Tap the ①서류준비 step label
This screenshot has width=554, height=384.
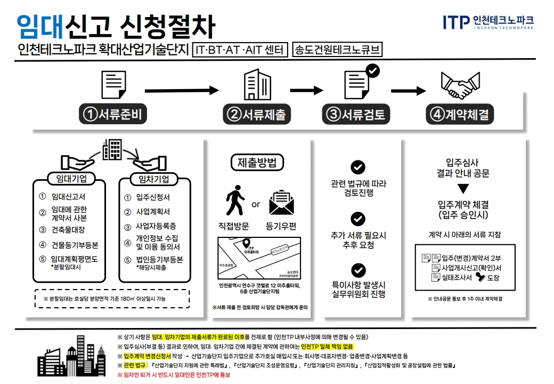[113, 114]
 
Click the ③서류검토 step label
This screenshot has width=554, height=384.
[356, 114]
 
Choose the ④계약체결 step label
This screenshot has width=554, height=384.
[460, 114]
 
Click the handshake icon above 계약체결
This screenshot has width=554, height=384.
[460, 85]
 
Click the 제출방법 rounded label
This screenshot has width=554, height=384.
[257, 163]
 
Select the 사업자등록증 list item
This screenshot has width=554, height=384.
[156, 226]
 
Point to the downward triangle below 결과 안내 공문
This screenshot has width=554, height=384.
[463, 188]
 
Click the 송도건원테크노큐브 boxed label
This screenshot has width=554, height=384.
[338, 51]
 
